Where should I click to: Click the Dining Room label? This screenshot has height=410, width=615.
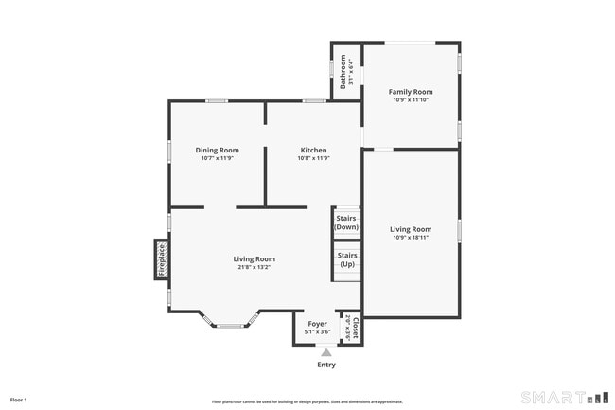coord(217,150)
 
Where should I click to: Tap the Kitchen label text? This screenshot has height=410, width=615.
coord(314,150)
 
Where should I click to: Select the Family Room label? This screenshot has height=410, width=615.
coord(411,92)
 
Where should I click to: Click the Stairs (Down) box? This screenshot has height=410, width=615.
coord(346,223)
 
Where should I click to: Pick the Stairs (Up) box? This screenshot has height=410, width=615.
coord(346,258)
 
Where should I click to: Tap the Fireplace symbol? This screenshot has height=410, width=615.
coord(162,259)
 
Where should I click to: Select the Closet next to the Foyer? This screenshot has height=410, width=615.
coord(350,328)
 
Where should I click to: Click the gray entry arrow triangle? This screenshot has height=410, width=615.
coord(325,352)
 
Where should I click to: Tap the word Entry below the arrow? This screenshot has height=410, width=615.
coord(325,365)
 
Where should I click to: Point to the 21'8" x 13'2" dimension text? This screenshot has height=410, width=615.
coord(255,267)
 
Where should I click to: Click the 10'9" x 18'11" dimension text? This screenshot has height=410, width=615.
coord(411,237)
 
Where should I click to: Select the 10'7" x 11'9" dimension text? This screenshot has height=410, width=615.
coord(217,158)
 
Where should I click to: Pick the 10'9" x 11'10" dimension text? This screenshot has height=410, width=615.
coord(411,99)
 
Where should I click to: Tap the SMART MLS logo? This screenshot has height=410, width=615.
coord(564,397)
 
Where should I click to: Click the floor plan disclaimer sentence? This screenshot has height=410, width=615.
coord(307,401)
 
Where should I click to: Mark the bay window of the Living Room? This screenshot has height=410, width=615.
coord(230,324)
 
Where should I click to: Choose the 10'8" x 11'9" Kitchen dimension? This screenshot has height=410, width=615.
coord(314,158)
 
